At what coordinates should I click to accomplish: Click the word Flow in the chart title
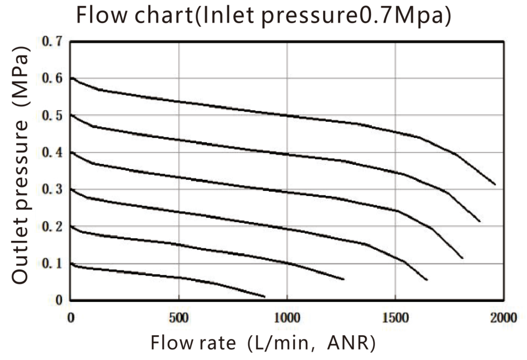(x=98, y=16)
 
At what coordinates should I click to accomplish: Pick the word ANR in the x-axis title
(x=350, y=343)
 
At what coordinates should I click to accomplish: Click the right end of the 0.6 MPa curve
(x=495, y=184)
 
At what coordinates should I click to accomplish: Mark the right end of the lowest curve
(x=265, y=297)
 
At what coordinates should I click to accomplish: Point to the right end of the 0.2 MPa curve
(x=344, y=279)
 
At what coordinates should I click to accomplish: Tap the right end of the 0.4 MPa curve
(x=462, y=258)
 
